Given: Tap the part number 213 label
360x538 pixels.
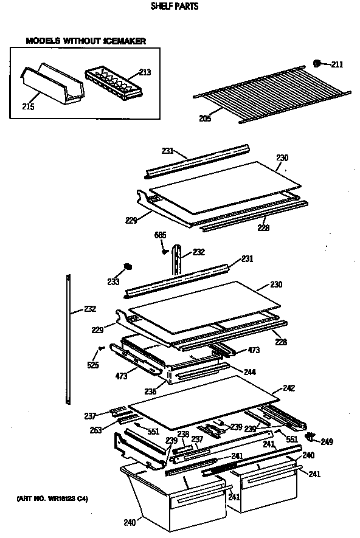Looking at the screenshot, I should pos(145,72).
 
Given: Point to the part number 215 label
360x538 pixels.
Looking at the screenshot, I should pos(29,107).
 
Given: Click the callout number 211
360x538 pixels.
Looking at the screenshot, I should pos(337,64).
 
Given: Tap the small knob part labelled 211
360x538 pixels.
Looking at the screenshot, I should pos(317,63).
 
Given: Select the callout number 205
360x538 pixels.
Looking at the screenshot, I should pos(205,119).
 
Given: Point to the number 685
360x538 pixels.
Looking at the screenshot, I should pos(160,235).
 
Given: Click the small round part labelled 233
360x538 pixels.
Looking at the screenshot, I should pos(128,266).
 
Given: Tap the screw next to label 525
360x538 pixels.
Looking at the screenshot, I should pos(101,348).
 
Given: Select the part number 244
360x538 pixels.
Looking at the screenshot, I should pos(250,371).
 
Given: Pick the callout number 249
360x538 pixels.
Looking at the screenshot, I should pos(327,441).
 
